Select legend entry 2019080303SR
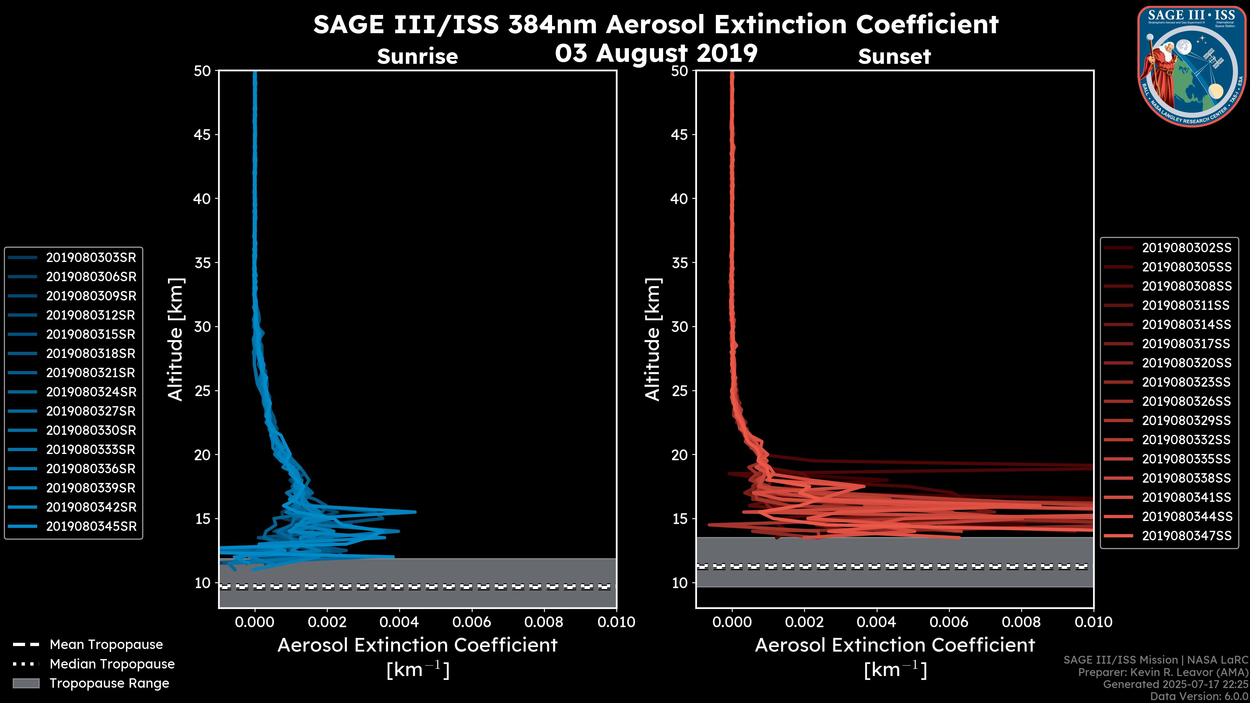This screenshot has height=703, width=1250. pyautogui.click(x=91, y=257)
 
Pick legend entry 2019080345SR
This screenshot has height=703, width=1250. pyautogui.click(x=91, y=526)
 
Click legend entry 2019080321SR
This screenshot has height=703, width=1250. pyautogui.click(x=91, y=373)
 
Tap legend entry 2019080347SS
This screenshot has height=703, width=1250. pyautogui.click(x=1187, y=536)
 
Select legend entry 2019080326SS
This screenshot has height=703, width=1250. pyautogui.click(x=1187, y=401)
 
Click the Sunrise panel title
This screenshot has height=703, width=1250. pyautogui.click(x=417, y=56)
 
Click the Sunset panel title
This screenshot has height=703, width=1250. pyautogui.click(x=894, y=56)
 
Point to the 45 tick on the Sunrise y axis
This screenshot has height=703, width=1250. pyautogui.click(x=202, y=134)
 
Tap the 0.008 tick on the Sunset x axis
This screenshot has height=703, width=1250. pyautogui.click(x=1021, y=622)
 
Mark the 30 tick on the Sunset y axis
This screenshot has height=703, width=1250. pyautogui.click(x=679, y=326)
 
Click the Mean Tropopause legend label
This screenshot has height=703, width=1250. pyautogui.click(x=106, y=644)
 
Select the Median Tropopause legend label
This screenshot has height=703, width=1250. pyautogui.click(x=112, y=664)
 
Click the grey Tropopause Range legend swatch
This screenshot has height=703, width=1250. pyautogui.click(x=26, y=683)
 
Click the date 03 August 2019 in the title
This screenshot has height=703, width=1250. pyautogui.click(x=656, y=53)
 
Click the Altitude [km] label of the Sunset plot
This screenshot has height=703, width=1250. pyautogui.click(x=653, y=339)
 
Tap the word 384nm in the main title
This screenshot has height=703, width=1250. pyautogui.click(x=552, y=24)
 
